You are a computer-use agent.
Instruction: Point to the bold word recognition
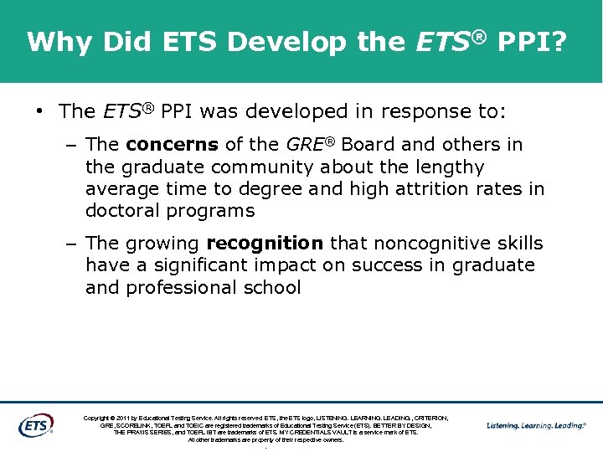click(265, 244)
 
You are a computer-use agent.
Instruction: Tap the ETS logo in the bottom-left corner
click(35, 425)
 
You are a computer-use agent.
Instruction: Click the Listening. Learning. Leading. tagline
click(536, 426)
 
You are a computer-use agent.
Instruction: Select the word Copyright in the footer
click(100, 418)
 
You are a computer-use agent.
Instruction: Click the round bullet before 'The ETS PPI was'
click(39, 111)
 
